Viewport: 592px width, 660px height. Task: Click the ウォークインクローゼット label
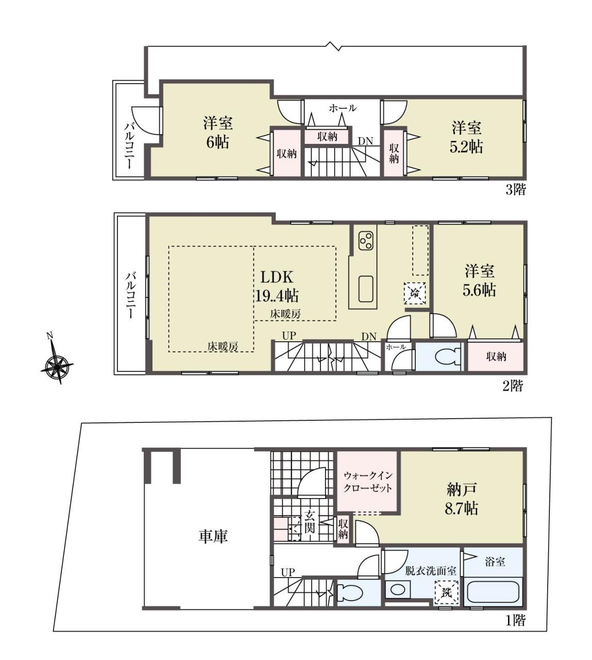tap(368, 482)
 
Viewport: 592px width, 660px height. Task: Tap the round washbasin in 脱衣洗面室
tap(398, 590)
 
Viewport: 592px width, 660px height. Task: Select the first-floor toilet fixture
tap(350, 591)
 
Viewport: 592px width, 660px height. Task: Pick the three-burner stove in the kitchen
tap(366, 240)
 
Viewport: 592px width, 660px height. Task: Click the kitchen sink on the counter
tap(366, 289)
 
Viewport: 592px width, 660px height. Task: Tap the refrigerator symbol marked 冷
tap(415, 293)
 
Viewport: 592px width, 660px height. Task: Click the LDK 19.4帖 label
tap(276, 286)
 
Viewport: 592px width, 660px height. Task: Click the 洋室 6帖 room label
tap(218, 133)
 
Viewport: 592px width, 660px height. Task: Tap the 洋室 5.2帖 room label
tap(466, 137)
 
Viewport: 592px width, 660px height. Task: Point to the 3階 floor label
tap(515, 190)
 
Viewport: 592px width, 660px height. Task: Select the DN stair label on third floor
tap(365, 141)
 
